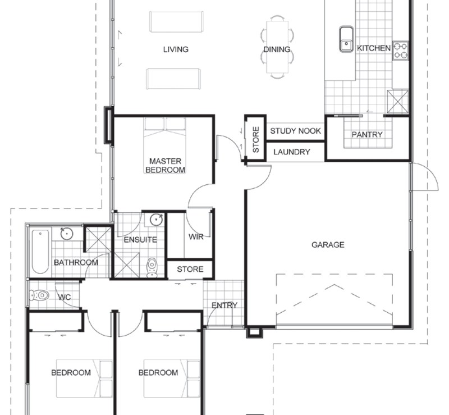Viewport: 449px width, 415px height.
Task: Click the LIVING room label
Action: (x=176, y=49)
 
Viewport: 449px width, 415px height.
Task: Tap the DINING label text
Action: (x=277, y=49)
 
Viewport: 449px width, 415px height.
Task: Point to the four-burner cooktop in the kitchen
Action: (x=401, y=51)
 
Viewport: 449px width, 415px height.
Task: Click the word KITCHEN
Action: (x=374, y=48)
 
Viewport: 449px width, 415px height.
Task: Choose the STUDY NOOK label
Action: (x=296, y=131)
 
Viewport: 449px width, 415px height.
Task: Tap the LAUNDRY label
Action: (x=292, y=152)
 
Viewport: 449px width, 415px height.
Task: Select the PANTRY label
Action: (x=367, y=135)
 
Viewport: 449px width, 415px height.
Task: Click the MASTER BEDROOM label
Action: (x=166, y=165)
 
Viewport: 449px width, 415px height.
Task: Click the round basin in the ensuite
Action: (x=157, y=219)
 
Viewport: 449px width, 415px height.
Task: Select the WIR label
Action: (x=196, y=237)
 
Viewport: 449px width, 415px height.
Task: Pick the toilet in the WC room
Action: (x=40, y=295)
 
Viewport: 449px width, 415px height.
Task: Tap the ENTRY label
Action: (x=224, y=305)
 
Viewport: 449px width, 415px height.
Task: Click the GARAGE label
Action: (x=328, y=245)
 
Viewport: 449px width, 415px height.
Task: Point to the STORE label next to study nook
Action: (x=256, y=140)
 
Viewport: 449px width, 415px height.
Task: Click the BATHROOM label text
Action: (x=76, y=262)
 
